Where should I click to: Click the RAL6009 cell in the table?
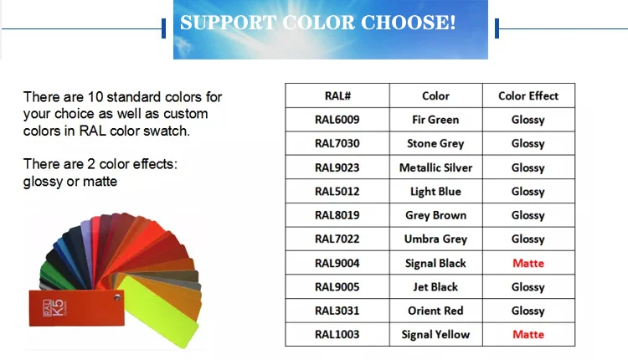pyautogui.click(x=337, y=120)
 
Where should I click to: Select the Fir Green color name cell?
pyautogui.click(x=435, y=120)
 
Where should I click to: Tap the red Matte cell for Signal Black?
pyautogui.click(x=528, y=263)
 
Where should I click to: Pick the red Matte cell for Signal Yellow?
pyautogui.click(x=528, y=334)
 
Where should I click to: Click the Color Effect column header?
pyautogui.click(x=528, y=95)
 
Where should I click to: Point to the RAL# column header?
pyautogui.click(x=337, y=95)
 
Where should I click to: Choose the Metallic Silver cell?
pyautogui.click(x=435, y=167)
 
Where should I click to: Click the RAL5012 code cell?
pyautogui.click(x=337, y=192)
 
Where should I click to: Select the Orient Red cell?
pyautogui.click(x=435, y=311)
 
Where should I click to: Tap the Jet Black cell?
pyautogui.click(x=435, y=286)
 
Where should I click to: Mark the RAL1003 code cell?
pyautogui.click(x=337, y=334)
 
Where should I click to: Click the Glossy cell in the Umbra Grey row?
pyautogui.click(x=528, y=239)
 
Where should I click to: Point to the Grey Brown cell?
pyautogui.click(x=435, y=215)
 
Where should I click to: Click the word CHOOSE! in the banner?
pyautogui.click(x=408, y=23)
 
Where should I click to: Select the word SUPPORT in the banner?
pyautogui.click(x=229, y=23)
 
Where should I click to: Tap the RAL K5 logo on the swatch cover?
pyautogui.click(x=55, y=308)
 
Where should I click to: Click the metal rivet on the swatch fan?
pyautogui.click(x=117, y=297)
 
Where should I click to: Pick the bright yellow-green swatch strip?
pyautogui.click(x=157, y=311)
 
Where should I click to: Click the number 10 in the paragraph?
pyautogui.click(x=95, y=97)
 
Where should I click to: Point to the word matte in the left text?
pyautogui.click(x=100, y=182)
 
